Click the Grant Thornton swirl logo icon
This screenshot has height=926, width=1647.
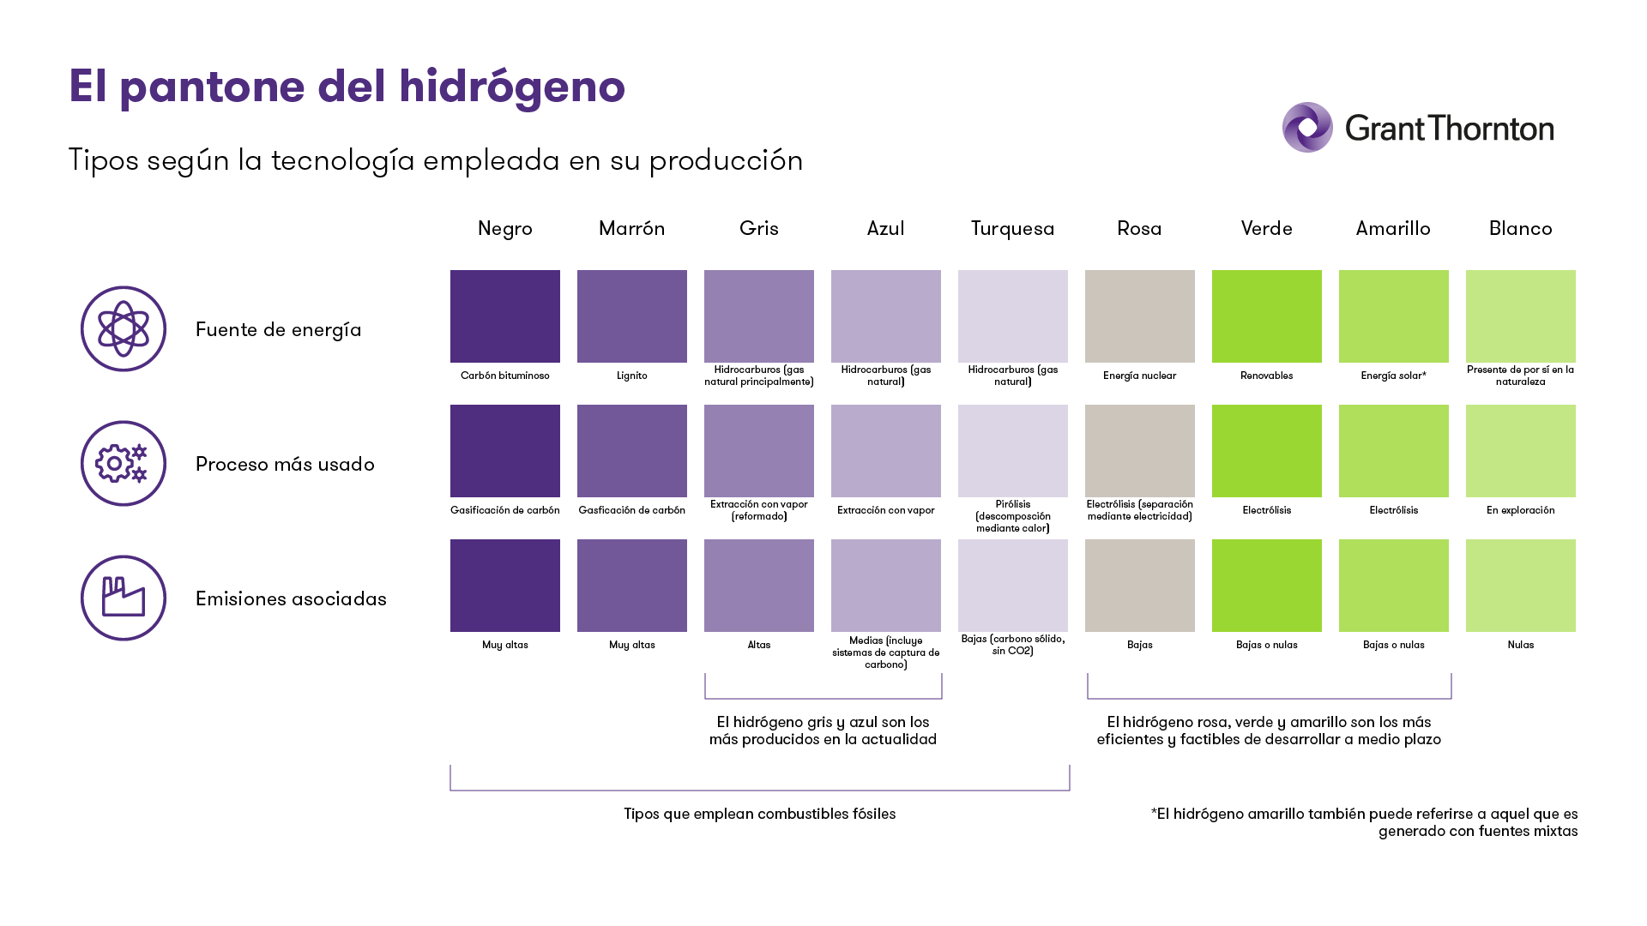pos(1307,128)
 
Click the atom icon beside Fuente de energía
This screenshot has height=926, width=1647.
pos(124,328)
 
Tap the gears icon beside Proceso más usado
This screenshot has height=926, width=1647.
pos(124,463)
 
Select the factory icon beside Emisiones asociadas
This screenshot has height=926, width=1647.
pos(124,598)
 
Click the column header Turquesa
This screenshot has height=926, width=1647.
pos(1012,228)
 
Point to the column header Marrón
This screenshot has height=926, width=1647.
pos(631,228)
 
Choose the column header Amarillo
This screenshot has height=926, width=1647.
pos(1393,228)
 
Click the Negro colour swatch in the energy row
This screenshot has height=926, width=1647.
pos(505,316)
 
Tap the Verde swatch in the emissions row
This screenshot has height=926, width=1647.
pos(1266,586)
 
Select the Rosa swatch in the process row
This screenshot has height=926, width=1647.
pos(1139,451)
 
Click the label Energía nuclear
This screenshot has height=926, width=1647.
pos(1139,376)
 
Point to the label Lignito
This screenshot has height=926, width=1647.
pos(631,376)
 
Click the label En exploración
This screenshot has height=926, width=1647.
pos(1520,510)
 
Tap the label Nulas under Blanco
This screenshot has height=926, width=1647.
pos(1520,645)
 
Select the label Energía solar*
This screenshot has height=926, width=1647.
pos(1393,376)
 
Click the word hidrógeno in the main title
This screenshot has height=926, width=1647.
pos(511,87)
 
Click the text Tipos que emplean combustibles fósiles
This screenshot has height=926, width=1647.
pos(759,814)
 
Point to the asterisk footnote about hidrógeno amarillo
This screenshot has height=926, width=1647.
pos(1364,822)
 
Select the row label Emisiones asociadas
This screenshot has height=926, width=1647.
pos(291,598)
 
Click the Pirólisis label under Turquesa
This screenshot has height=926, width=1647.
pos(1012,516)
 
